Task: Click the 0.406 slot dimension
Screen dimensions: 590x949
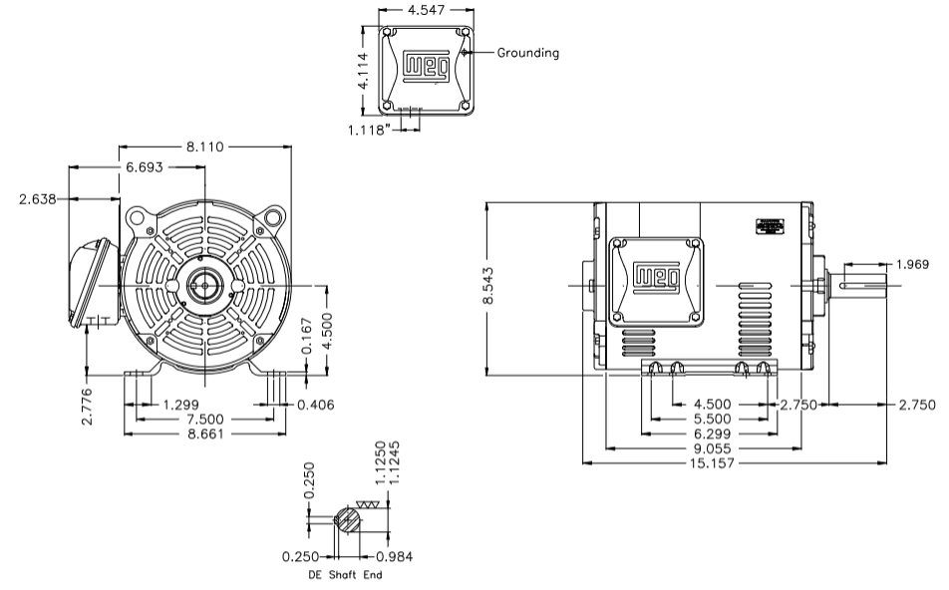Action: point(316,405)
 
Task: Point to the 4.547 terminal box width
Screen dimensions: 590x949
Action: point(426,10)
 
